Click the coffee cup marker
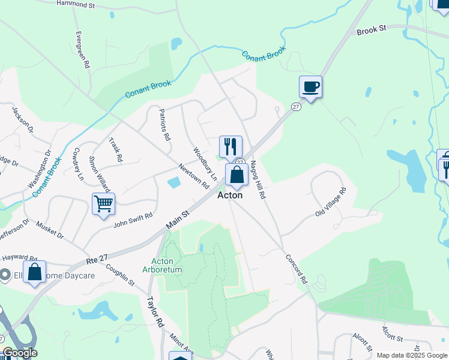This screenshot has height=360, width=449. [310, 87]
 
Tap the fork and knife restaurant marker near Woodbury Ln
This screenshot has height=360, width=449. [231, 146]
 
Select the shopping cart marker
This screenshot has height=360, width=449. [103, 204]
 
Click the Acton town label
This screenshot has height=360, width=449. [230, 195]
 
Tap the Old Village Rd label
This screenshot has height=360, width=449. [331, 203]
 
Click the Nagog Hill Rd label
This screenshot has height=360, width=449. [258, 180]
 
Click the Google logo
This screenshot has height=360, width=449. [19, 353]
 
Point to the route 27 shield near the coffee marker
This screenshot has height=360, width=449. [296, 106]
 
